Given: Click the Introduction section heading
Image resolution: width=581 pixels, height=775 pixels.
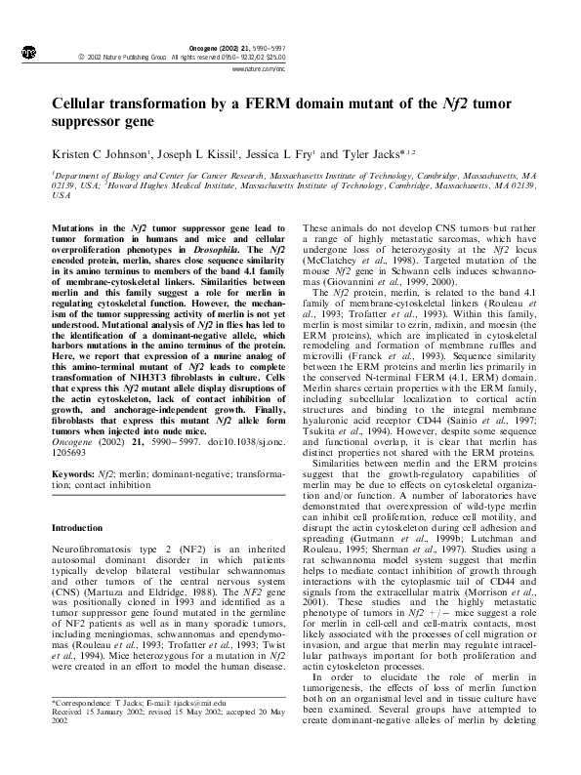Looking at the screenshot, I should (77, 501).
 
